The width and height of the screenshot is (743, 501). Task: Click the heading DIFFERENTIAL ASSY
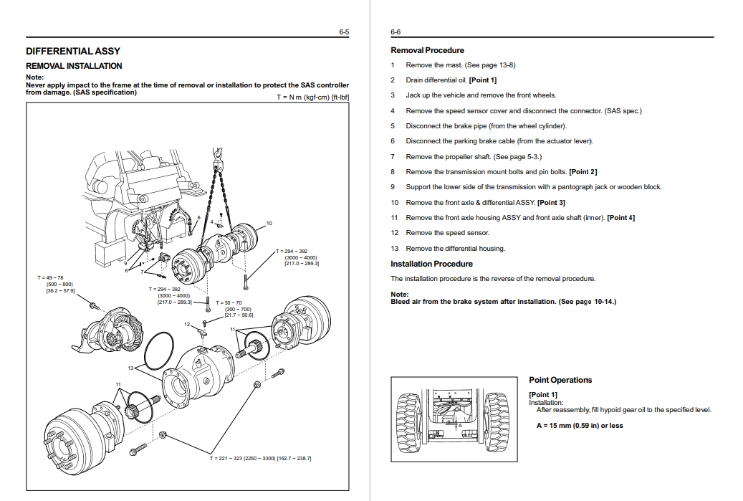pyautogui.click(x=73, y=51)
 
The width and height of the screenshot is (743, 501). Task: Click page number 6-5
pyautogui.click(x=344, y=32)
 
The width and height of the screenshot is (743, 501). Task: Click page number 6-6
pyautogui.click(x=396, y=32)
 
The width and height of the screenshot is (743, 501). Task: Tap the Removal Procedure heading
pyautogui.click(x=427, y=50)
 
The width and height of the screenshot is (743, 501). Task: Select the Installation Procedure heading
pyautogui.click(x=431, y=264)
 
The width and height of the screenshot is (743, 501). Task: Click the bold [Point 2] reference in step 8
pyautogui.click(x=583, y=172)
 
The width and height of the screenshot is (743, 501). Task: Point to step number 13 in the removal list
pyautogui.click(x=394, y=249)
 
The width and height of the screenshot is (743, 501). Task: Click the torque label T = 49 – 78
pyautogui.click(x=50, y=277)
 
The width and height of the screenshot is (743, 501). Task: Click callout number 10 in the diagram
pyautogui.click(x=269, y=224)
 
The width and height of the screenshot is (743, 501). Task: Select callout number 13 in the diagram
pyautogui.click(x=131, y=368)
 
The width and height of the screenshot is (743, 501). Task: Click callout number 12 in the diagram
pyautogui.click(x=186, y=325)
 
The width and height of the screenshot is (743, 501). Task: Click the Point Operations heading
pyautogui.click(x=560, y=380)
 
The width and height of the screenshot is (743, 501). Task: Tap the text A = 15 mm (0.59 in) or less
pyautogui.click(x=580, y=426)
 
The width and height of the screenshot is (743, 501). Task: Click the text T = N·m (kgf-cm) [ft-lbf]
pyautogui.click(x=313, y=97)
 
